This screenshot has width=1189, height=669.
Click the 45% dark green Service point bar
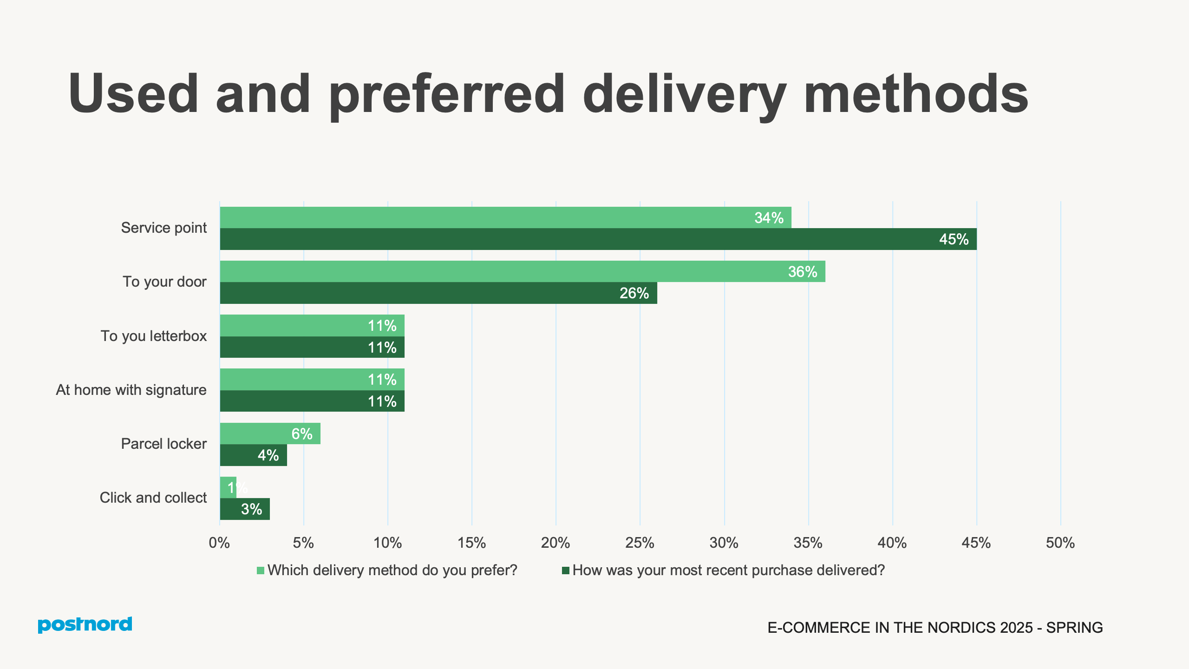[598, 239]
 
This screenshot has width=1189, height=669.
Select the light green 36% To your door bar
[523, 271]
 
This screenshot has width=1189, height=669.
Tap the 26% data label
[634, 293]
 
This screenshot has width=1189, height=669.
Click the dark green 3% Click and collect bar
[245, 509]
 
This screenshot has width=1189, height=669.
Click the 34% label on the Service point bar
[769, 218]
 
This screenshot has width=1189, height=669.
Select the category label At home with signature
[131, 390]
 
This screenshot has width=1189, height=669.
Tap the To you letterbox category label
[154, 336]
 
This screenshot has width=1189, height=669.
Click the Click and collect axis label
[153, 498]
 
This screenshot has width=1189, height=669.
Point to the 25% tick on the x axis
[640, 543]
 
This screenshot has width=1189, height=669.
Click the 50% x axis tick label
[1060, 543]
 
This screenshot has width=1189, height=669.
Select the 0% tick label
[219, 543]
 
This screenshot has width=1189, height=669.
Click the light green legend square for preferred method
[261, 571]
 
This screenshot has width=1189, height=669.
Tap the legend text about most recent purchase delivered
[728, 570]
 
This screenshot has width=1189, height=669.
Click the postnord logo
[85, 624]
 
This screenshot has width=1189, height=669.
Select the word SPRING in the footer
[1074, 628]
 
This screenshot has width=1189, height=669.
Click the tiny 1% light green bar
[228, 487]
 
